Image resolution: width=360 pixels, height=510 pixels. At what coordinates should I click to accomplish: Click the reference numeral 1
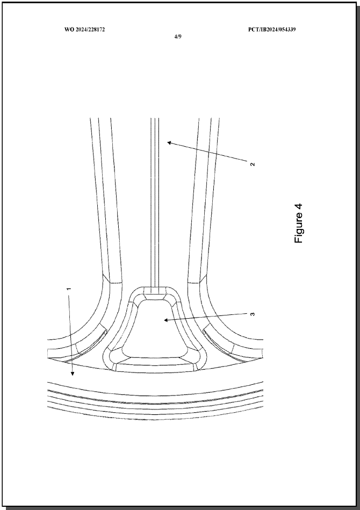point(69,289)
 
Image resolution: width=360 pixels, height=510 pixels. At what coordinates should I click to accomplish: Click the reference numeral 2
point(253,164)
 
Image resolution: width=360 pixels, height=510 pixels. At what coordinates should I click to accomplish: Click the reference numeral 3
point(253,314)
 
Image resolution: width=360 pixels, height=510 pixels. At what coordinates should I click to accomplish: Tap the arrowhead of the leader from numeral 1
point(72,373)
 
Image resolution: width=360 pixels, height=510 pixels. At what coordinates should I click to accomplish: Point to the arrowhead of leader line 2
point(169,142)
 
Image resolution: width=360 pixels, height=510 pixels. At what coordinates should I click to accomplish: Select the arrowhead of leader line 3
point(166,320)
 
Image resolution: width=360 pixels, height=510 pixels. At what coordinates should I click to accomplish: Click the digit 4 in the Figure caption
point(299,207)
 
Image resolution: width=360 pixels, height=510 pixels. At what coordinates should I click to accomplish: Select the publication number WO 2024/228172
point(84,30)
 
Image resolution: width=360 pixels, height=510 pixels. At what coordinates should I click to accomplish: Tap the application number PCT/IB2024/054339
point(272,30)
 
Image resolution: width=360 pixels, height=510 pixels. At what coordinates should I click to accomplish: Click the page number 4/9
point(177,37)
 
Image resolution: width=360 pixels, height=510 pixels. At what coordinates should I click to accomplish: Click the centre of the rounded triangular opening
point(155,328)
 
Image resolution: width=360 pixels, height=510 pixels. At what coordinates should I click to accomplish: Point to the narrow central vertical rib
point(155,202)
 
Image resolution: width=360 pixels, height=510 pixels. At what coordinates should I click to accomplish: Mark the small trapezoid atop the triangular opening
point(155,297)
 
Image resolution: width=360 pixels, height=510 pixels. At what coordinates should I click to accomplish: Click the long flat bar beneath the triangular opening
point(155,368)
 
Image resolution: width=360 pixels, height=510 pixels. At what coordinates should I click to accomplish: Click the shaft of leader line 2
point(210,152)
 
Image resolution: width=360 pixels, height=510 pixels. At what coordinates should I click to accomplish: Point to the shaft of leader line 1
point(70,333)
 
